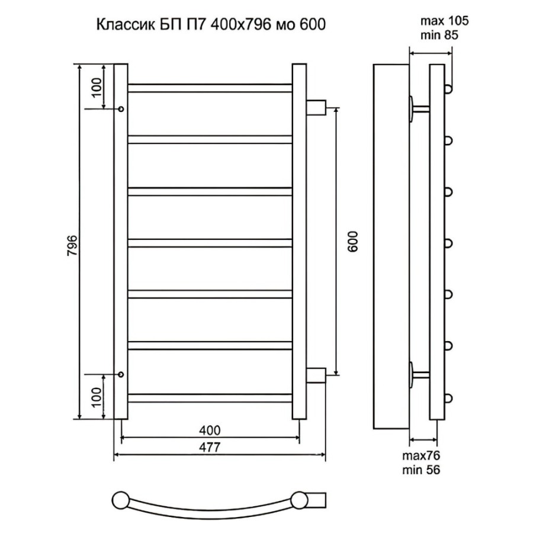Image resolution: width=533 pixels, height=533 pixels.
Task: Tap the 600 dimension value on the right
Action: tap(353, 242)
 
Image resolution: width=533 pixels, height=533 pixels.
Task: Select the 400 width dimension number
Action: tap(210, 430)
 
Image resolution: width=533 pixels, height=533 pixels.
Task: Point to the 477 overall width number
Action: tap(210, 447)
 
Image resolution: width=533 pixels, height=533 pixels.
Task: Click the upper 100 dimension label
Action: tap(97, 88)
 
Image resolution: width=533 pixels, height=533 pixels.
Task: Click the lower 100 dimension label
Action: tap(97, 397)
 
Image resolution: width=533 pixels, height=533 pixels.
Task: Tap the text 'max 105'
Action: tap(445, 21)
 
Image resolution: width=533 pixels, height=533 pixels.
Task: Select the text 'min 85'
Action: tap(439, 35)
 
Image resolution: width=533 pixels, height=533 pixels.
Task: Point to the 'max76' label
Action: tap(421, 455)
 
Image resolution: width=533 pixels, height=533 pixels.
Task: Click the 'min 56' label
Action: tap(421, 470)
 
